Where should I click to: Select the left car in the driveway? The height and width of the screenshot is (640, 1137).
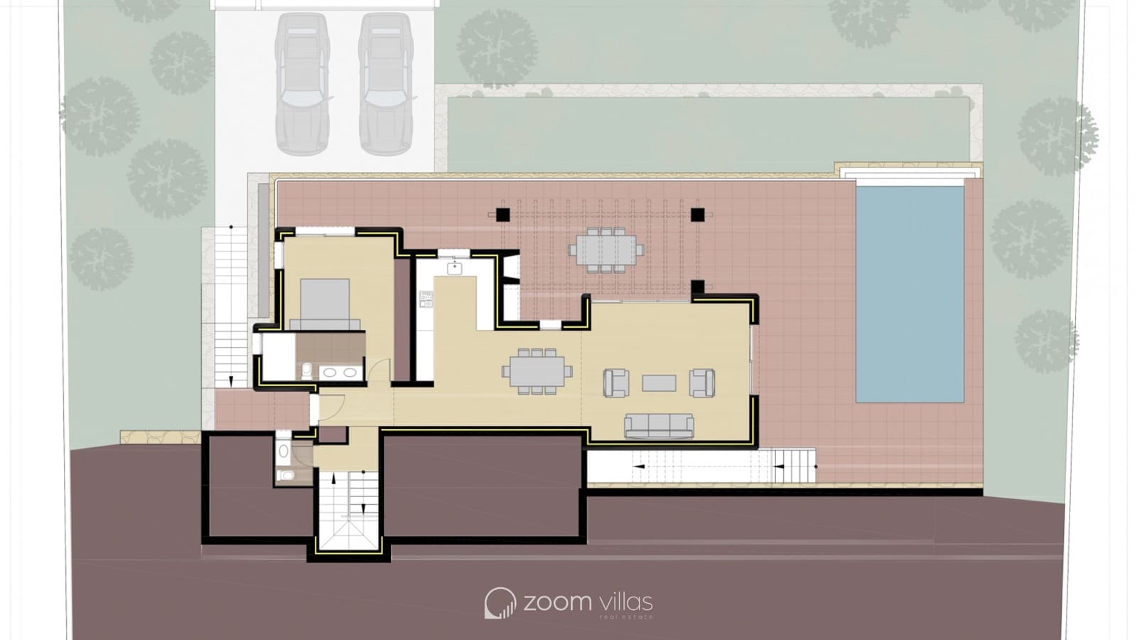tap(303, 83)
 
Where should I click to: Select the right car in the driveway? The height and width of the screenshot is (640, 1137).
tap(386, 83)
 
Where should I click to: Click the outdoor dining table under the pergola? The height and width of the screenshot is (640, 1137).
tap(606, 250)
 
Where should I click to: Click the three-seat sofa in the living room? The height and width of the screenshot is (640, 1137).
tap(659, 426)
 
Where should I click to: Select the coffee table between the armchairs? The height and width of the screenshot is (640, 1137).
tap(659, 383)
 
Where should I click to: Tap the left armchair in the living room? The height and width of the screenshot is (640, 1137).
tap(615, 383)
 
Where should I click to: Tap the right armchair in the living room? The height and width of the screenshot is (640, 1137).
tap(702, 383)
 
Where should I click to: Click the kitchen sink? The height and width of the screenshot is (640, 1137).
tap(454, 268)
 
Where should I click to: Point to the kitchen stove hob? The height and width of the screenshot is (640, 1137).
tap(426, 299)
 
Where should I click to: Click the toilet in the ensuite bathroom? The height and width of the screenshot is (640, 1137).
tap(307, 369)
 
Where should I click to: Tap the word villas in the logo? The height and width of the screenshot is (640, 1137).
tap(625, 602)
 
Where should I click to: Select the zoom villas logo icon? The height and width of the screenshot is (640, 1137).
tap(500, 603)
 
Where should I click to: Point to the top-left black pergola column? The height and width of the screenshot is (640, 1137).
tap(503, 213)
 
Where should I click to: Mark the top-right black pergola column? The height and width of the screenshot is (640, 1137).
tap(697, 213)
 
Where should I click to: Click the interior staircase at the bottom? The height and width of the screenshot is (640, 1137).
tap(348, 508)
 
